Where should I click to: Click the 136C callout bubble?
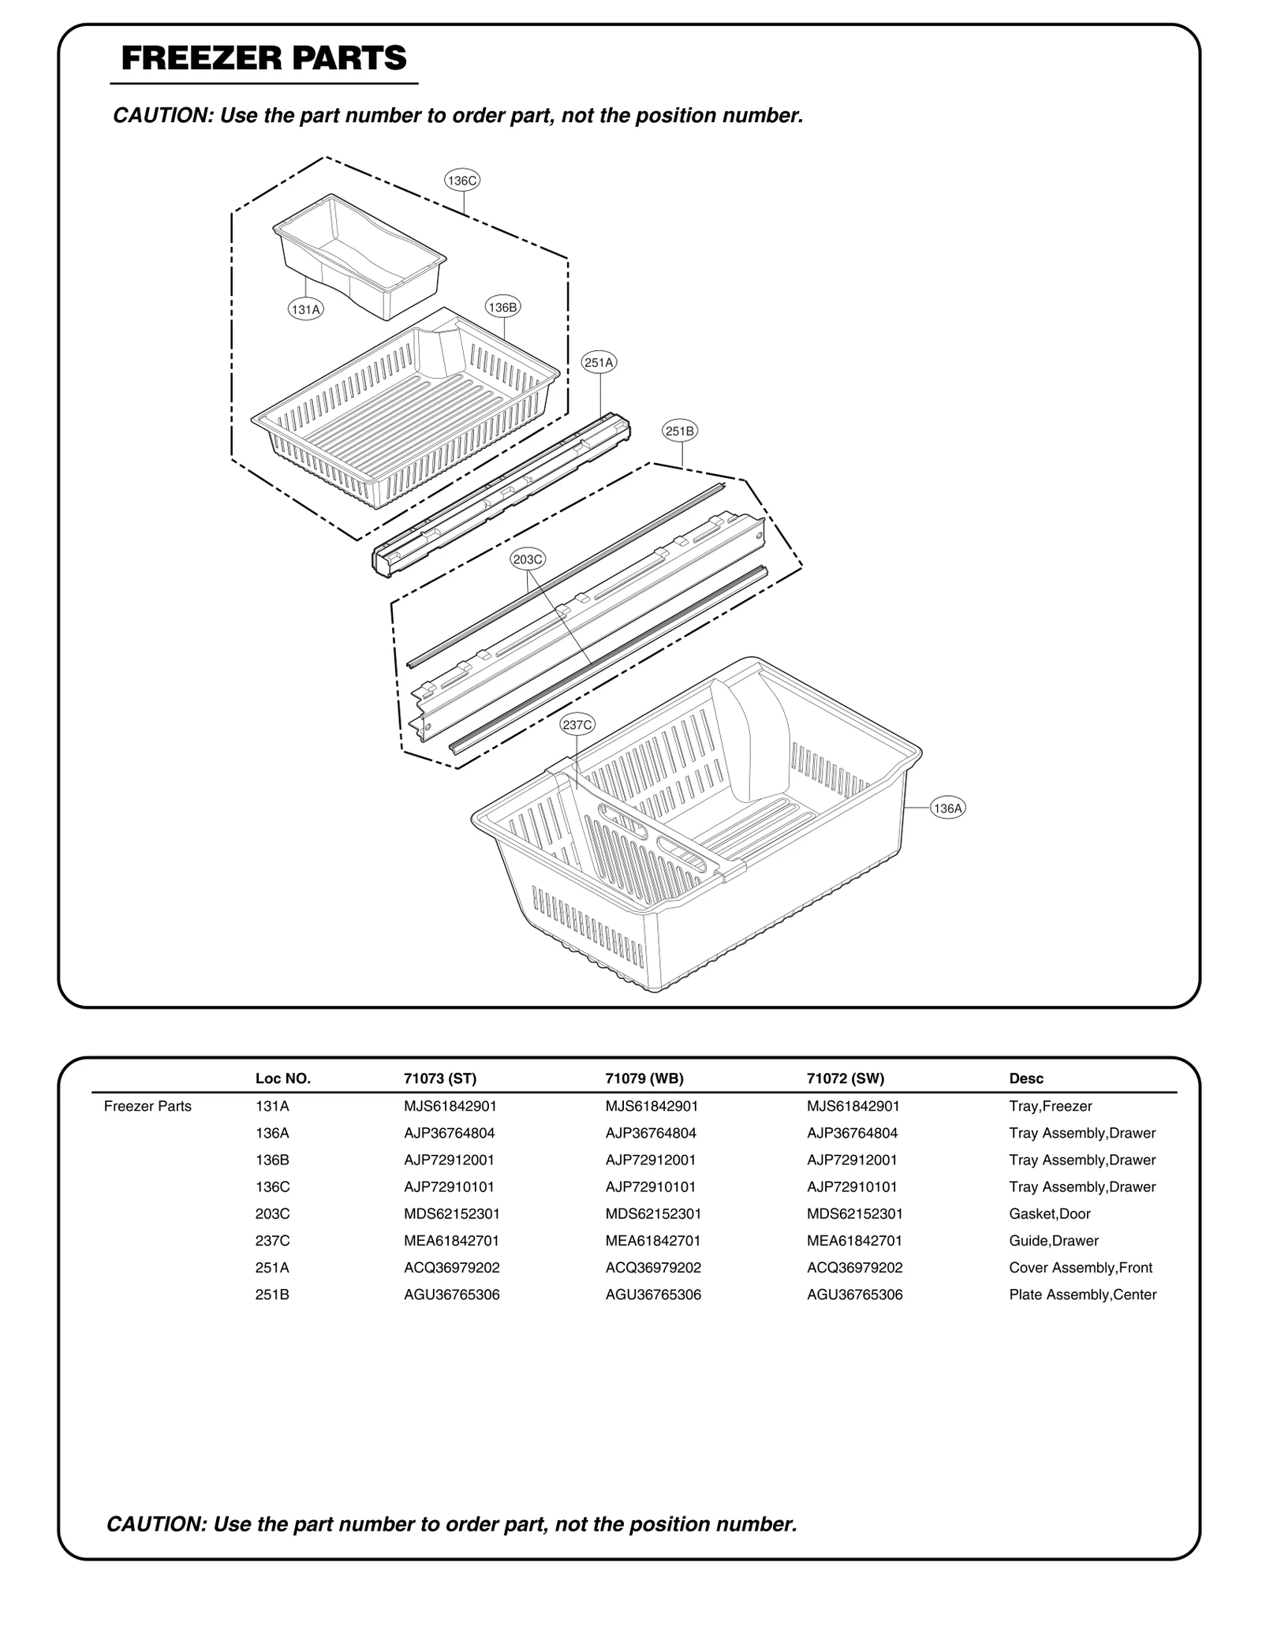(462, 181)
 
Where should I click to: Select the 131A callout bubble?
(305, 310)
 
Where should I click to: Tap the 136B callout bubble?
(502, 308)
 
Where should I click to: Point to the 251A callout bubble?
(599, 363)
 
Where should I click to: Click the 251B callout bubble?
(680, 432)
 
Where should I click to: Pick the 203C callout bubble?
(528, 560)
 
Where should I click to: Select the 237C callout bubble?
(577, 725)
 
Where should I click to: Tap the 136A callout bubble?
(947, 809)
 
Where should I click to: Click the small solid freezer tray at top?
(359, 256)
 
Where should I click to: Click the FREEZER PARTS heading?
(264, 59)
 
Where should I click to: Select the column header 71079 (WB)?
(644, 1078)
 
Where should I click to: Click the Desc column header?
(1025, 1078)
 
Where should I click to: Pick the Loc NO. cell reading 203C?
(272, 1214)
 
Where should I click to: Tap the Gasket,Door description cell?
(1049, 1214)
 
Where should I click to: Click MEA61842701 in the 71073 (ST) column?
(451, 1241)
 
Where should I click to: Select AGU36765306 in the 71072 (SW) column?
(854, 1295)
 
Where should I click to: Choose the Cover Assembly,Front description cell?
(1080, 1268)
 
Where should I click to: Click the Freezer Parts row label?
(147, 1107)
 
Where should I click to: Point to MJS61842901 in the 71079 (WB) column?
(652, 1107)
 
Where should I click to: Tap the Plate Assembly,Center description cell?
(1082, 1295)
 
